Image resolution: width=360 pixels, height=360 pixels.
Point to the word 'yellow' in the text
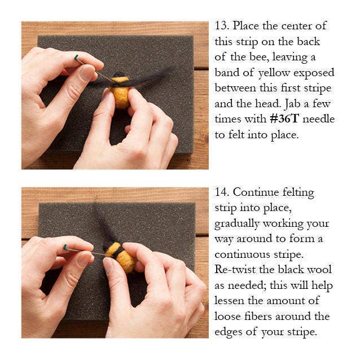(x=276, y=73)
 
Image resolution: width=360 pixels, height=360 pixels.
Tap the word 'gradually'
(x=240, y=223)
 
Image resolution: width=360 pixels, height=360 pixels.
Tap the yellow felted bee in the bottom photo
(x=123, y=258)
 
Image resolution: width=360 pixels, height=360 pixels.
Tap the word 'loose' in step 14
(x=230, y=316)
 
